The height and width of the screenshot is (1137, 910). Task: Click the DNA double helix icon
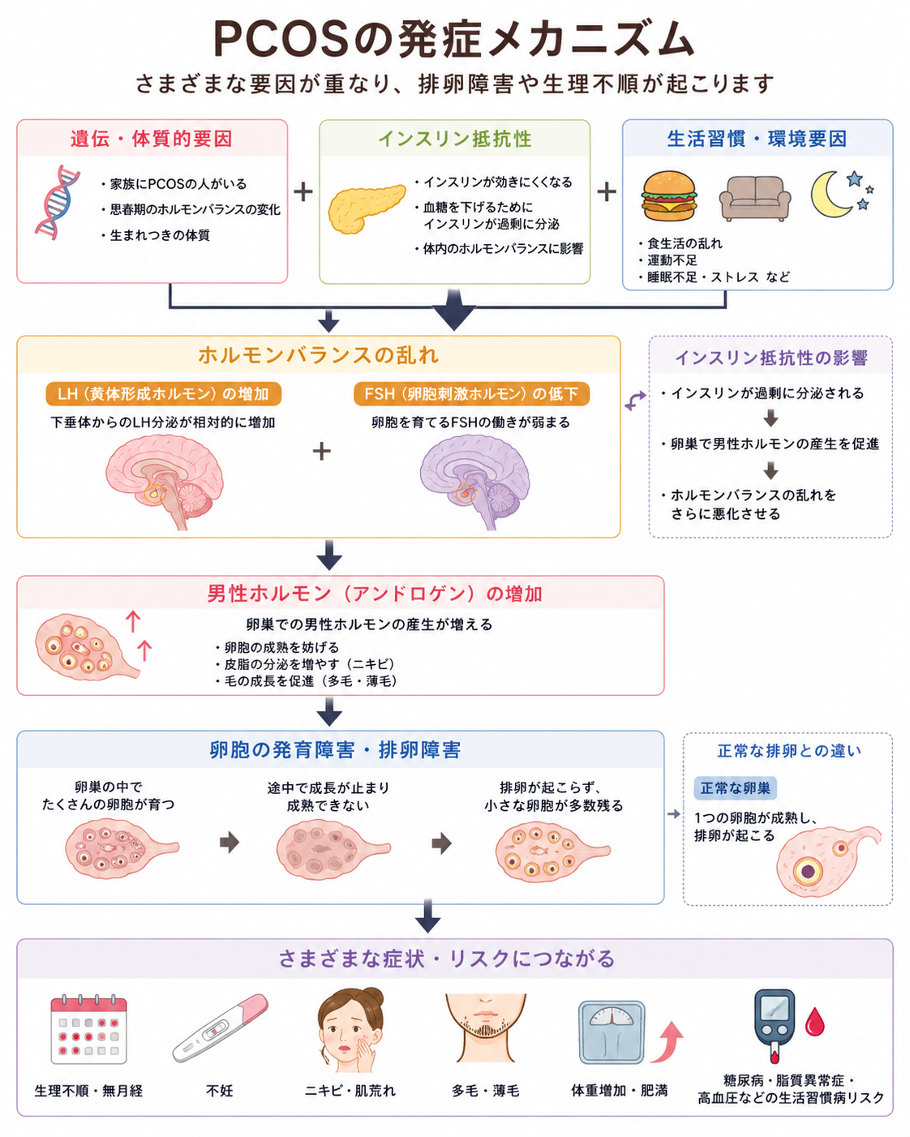[x=57, y=203]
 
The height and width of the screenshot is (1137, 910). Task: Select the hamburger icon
[x=669, y=195]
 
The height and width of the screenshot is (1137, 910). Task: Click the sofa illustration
[x=754, y=198]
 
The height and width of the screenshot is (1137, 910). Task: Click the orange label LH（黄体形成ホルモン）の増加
[x=163, y=393]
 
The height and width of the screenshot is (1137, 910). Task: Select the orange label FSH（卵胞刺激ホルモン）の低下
[x=471, y=393]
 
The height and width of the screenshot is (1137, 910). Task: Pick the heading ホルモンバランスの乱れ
[x=318, y=355]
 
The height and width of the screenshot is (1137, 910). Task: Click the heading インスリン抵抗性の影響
[x=771, y=358]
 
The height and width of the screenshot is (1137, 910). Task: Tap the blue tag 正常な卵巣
[x=735, y=788]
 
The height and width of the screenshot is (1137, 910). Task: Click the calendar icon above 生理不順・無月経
[x=88, y=1029]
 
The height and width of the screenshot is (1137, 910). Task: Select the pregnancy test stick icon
[x=220, y=1028]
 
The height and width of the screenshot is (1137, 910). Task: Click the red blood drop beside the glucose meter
[x=814, y=1021]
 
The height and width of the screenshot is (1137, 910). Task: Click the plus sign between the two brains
[x=322, y=451]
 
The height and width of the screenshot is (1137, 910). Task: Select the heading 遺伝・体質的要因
[x=152, y=139]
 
